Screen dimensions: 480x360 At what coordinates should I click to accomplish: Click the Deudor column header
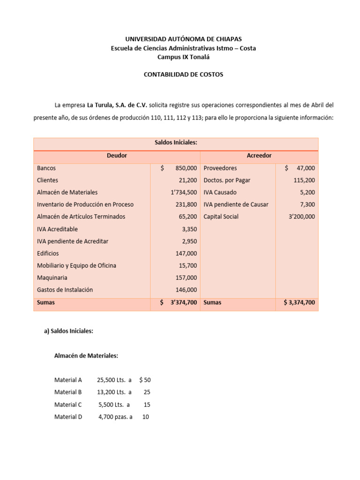117,156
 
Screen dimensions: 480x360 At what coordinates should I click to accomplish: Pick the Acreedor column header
259,156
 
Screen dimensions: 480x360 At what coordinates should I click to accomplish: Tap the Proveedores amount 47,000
305,168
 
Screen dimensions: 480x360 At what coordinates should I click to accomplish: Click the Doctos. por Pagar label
226,180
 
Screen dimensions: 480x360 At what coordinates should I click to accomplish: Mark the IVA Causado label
220,192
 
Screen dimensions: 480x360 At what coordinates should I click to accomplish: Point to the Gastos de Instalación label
65,290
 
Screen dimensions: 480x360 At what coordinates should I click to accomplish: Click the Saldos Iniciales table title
176,142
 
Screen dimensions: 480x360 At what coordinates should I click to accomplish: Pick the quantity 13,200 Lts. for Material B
112,392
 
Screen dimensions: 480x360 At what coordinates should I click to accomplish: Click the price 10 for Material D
145,416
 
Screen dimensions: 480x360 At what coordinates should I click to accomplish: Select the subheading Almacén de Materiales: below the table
86,356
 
